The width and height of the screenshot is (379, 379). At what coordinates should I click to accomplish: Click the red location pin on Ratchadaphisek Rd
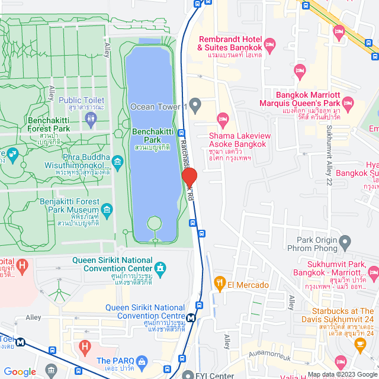189,178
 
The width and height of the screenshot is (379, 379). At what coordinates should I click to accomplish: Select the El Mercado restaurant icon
220,284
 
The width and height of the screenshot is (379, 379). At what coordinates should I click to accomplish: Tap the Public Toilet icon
90,118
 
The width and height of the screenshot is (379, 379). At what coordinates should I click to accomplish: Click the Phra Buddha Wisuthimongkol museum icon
117,161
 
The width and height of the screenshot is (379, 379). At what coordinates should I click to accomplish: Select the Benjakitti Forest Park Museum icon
107,209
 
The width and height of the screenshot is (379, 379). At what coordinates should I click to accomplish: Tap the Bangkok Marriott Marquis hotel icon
348,104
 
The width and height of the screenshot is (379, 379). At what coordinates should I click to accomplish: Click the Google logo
20,372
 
